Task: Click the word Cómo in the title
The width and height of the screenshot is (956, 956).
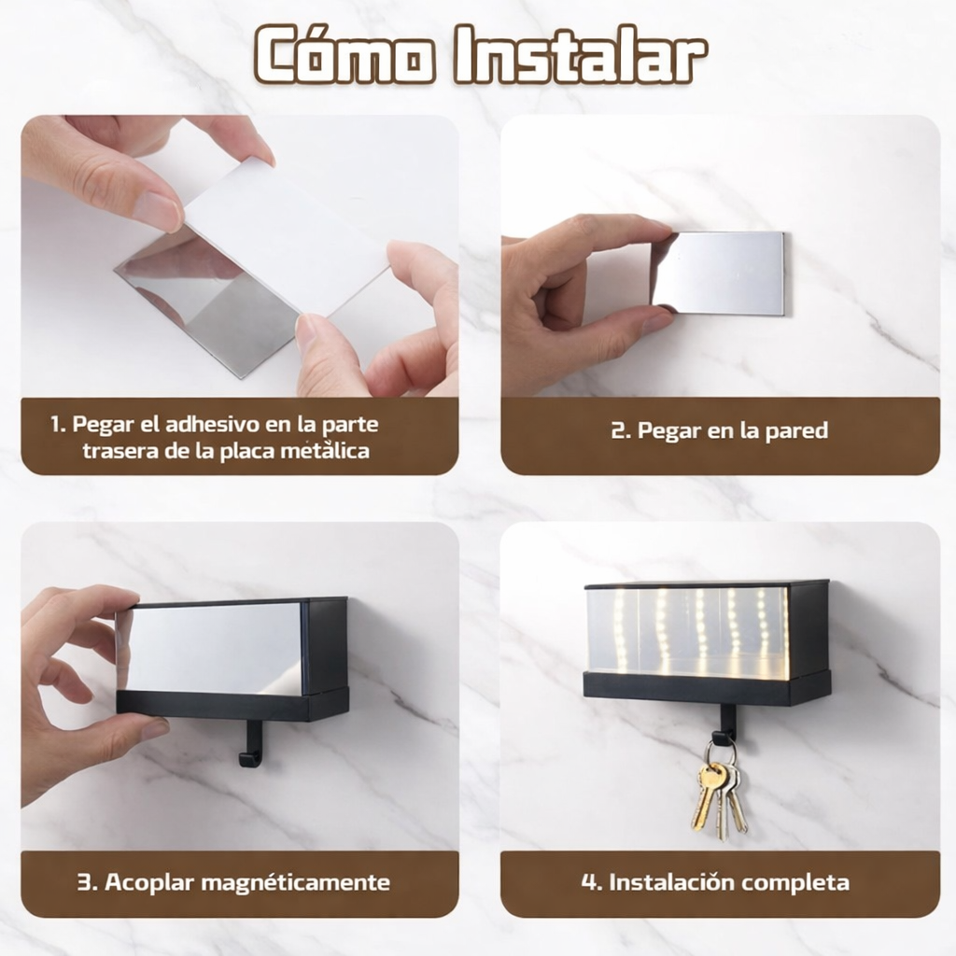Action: (x=345, y=54)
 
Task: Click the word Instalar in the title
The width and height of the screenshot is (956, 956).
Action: (x=581, y=54)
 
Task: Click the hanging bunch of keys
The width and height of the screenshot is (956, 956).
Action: (x=720, y=790)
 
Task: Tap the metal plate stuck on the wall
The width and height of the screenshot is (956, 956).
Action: (x=721, y=274)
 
